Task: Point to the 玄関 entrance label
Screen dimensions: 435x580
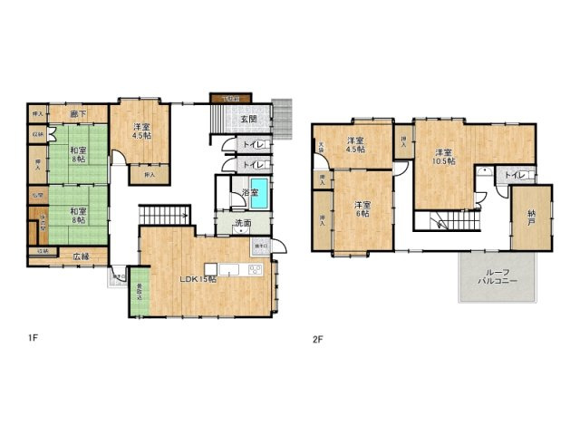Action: coord(249,119)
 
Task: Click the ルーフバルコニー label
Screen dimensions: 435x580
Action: coord(498,277)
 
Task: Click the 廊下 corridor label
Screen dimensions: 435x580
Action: coord(78,115)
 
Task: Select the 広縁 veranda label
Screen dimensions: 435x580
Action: coord(81,256)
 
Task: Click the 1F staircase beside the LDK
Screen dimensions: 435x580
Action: coord(163,216)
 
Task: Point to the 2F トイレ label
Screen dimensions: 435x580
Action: coord(514,175)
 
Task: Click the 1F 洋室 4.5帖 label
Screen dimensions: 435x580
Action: coord(140,131)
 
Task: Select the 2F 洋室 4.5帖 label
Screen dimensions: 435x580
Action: coord(354,144)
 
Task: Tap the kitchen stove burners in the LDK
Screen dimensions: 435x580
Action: coord(255,269)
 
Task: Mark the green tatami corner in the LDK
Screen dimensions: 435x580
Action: coord(139,292)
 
